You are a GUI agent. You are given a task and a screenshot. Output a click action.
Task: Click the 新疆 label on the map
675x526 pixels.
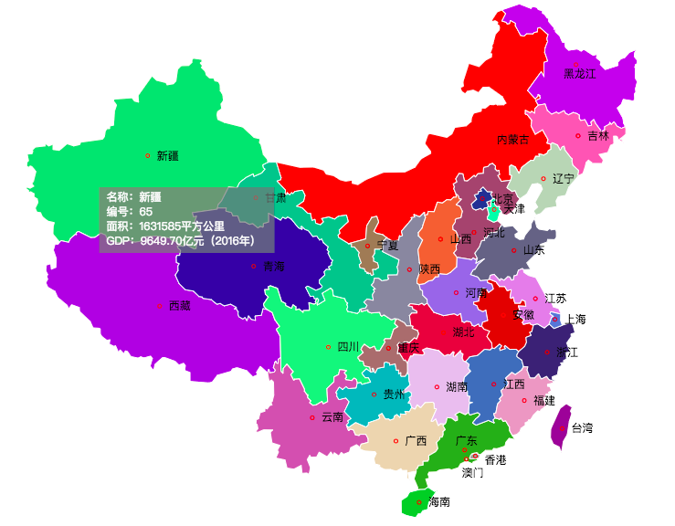tap(167, 156)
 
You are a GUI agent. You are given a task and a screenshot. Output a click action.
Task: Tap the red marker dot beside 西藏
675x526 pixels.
tap(161, 306)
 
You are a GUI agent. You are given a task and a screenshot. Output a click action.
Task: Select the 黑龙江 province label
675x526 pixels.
tap(579, 73)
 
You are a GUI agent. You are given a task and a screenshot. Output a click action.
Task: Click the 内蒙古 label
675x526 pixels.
tap(512, 140)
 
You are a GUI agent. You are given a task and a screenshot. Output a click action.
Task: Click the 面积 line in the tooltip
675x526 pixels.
tap(164, 226)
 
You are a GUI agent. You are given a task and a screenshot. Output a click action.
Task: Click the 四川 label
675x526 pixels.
tap(348, 347)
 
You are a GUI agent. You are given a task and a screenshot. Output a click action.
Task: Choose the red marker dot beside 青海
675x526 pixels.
tap(254, 267)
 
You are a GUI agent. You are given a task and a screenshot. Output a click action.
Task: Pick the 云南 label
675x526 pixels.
tap(332, 417)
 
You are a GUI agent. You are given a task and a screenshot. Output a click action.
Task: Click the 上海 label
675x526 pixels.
tap(575, 320)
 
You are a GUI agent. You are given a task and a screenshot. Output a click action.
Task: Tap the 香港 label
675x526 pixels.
tap(495, 460)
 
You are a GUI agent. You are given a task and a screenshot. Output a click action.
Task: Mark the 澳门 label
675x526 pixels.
tap(472, 473)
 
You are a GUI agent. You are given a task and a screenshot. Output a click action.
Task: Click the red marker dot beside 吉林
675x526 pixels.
tap(578, 136)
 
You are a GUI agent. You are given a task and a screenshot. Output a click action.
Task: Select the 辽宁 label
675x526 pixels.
tap(564, 179)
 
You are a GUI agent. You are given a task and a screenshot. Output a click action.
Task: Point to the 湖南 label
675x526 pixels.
tap(457, 387)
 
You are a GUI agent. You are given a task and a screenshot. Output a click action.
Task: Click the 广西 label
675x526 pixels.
tap(416, 441)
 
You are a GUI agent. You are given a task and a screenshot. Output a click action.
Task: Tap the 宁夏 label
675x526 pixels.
tap(387, 246)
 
